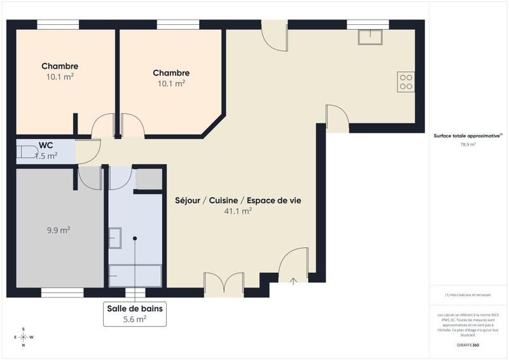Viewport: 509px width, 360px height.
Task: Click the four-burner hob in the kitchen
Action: (x=405, y=82)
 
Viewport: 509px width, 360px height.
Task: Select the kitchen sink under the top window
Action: (x=370, y=37)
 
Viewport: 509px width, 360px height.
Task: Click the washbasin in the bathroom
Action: (x=115, y=238)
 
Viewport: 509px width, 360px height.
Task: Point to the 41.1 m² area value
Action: (x=239, y=211)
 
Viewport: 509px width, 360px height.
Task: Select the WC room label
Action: (x=46, y=145)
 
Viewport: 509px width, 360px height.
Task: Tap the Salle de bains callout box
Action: (x=134, y=314)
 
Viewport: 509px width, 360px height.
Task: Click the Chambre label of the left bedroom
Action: (x=60, y=66)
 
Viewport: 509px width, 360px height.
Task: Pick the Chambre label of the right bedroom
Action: (x=171, y=73)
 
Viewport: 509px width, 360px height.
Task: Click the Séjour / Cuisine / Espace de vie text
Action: (x=238, y=200)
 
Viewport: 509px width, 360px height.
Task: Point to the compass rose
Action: (x=24, y=337)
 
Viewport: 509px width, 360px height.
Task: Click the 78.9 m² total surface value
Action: (x=468, y=144)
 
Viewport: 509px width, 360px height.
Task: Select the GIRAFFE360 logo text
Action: (x=468, y=345)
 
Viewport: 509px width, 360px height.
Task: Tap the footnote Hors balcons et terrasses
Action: (x=468, y=295)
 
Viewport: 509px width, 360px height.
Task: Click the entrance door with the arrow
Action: (x=293, y=267)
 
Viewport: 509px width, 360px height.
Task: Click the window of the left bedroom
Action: (x=58, y=24)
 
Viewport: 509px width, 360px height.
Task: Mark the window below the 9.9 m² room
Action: (x=62, y=293)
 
